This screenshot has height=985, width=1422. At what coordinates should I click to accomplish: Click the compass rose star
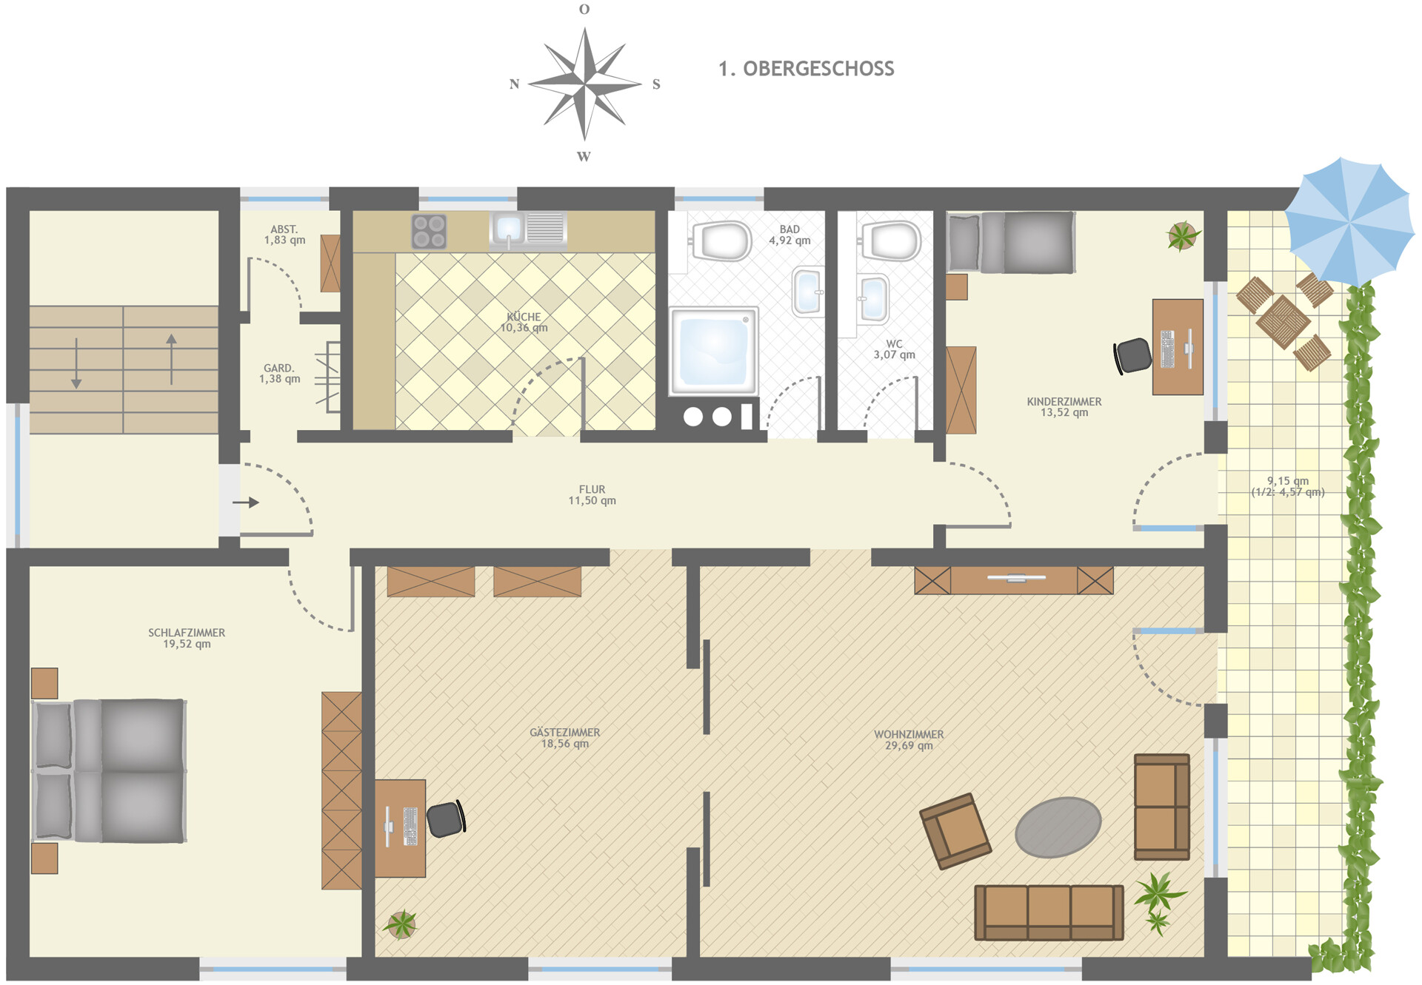click(x=584, y=84)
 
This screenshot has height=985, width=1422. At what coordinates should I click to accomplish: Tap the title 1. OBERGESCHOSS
click(x=806, y=69)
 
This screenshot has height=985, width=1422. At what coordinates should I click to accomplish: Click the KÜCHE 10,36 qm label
click(x=524, y=323)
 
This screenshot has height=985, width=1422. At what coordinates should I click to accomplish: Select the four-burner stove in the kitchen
click(x=430, y=231)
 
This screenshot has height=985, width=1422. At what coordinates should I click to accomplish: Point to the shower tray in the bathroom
click(x=713, y=351)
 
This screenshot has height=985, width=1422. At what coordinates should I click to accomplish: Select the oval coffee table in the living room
click(x=1058, y=827)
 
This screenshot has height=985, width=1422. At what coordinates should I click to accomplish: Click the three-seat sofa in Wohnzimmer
click(x=1049, y=912)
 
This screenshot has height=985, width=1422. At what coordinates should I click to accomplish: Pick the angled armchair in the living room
click(x=955, y=830)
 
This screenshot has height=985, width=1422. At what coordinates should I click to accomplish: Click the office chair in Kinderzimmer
click(x=1133, y=355)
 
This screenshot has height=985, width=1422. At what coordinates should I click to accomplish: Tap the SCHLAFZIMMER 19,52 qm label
click(x=187, y=638)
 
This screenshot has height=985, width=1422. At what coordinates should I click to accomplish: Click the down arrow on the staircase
click(x=76, y=363)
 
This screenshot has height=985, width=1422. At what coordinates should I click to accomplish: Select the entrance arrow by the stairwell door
click(x=246, y=502)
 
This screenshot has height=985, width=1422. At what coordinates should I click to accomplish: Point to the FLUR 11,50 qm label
click(x=592, y=495)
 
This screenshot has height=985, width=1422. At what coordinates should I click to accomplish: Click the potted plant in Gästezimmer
click(x=401, y=924)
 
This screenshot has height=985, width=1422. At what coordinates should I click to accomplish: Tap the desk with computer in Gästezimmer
click(x=400, y=827)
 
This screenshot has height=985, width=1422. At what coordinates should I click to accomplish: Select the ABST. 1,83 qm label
click(x=284, y=235)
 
